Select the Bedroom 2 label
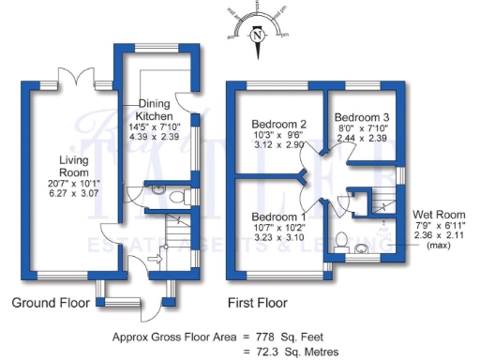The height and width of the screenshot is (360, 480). pyautogui.click(x=278, y=125)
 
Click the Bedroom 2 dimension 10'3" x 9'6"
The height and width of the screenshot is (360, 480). pyautogui.click(x=278, y=136)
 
